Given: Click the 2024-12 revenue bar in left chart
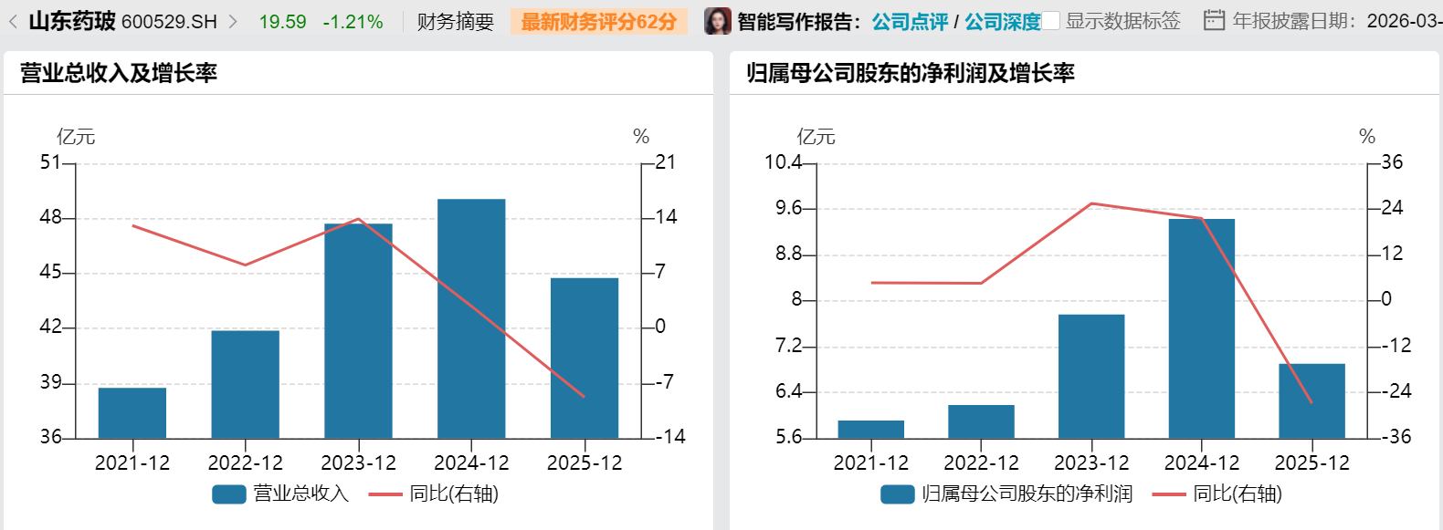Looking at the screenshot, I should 471,318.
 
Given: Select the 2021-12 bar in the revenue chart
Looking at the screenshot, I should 132,412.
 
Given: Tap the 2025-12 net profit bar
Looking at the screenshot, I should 1311,400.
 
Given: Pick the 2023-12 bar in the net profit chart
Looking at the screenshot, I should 1091,376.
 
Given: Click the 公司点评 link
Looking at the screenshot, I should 910,21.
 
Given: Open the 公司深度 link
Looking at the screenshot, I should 1002,21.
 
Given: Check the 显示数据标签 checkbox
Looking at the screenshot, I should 1051,21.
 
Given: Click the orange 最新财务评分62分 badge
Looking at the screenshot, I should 599,21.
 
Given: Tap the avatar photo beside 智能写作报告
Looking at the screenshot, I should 718,21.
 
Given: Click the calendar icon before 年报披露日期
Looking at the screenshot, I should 1214,20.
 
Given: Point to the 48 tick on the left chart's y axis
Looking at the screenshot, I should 51,217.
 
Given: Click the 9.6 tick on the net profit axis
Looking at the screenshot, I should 788,208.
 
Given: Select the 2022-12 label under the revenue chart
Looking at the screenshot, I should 246,462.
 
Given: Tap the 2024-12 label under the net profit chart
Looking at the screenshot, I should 1202,462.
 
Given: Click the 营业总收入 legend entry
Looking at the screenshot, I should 281,494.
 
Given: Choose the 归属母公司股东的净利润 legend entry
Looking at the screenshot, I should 1007,494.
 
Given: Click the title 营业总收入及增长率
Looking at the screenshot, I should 119,73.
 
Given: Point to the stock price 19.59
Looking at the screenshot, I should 282,21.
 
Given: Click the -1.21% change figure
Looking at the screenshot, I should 353,21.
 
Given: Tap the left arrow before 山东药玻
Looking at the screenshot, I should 13,21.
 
